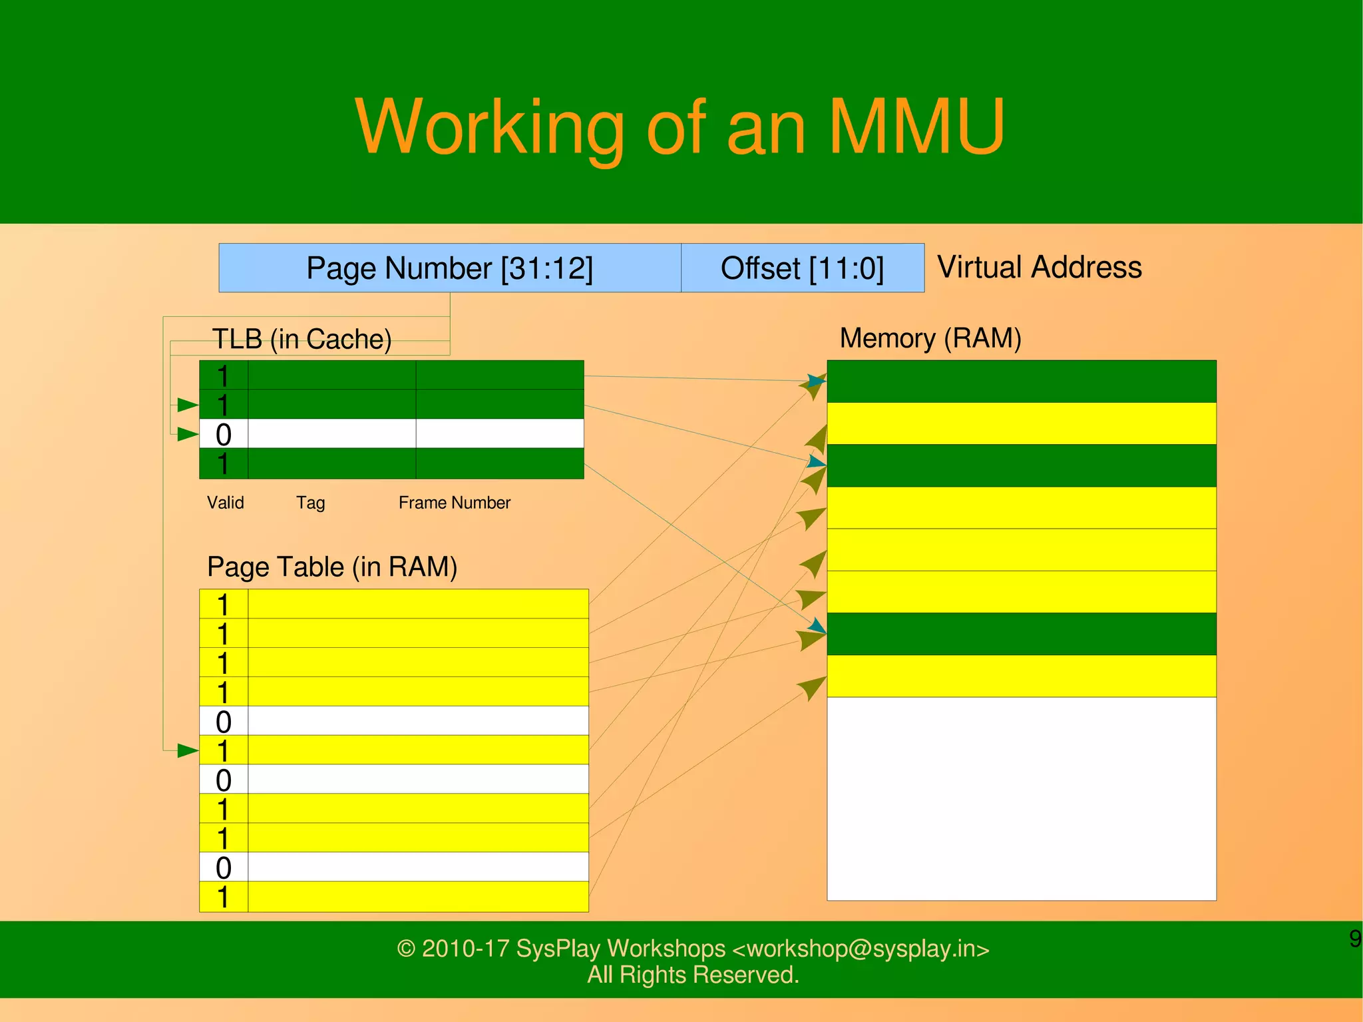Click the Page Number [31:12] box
pyautogui.click(x=450, y=268)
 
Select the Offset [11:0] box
pyautogui.click(x=802, y=268)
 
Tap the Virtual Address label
pyautogui.click(x=1039, y=267)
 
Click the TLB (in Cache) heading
pyautogui.click(x=301, y=339)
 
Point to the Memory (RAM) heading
pyautogui.click(x=930, y=338)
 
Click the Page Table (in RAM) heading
pyautogui.click(x=332, y=567)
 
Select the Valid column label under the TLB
pyautogui.click(x=225, y=503)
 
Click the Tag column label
pyautogui.click(x=310, y=503)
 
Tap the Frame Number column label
pyautogui.click(x=455, y=503)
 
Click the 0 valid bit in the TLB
pyautogui.click(x=224, y=435)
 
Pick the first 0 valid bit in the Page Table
pyautogui.click(x=224, y=722)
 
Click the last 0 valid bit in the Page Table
pyautogui.click(x=224, y=868)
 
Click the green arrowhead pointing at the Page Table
pyautogui.click(x=188, y=751)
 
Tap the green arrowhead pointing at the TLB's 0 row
pyautogui.click(x=188, y=435)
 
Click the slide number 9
pyautogui.click(x=1354, y=939)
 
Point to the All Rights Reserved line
pyautogui.click(x=693, y=975)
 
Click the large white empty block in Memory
pyautogui.click(x=1021, y=798)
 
